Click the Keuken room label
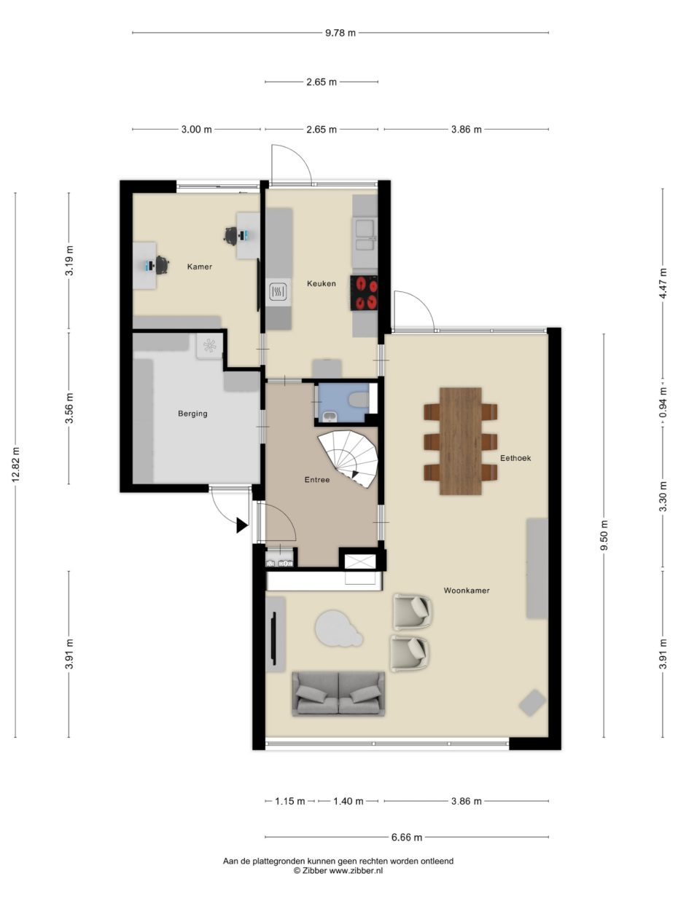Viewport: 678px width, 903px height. [x=321, y=283]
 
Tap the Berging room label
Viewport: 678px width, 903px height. [x=192, y=414]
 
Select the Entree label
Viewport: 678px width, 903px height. [x=317, y=480]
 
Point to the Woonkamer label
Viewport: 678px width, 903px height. [x=467, y=591]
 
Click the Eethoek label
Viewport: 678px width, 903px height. [x=515, y=458]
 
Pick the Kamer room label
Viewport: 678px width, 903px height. [x=200, y=267]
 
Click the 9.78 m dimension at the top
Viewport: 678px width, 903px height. [x=340, y=33]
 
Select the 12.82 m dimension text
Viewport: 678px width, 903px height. [x=15, y=465]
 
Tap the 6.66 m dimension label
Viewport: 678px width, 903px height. [x=407, y=837]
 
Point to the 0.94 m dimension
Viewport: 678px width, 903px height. [x=663, y=402]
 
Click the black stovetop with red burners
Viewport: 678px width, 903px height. [x=364, y=293]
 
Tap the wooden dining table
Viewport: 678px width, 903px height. [x=461, y=441]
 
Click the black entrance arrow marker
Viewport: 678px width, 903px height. [x=241, y=525]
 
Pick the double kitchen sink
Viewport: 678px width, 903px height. [x=365, y=235]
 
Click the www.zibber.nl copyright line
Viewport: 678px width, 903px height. [x=338, y=870]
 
